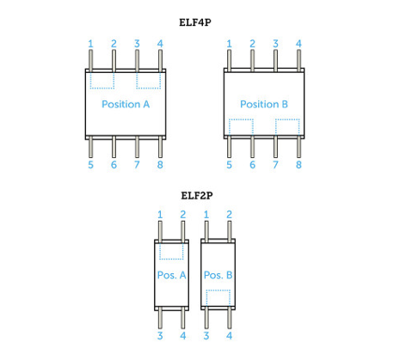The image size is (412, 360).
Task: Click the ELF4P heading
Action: click(195, 22)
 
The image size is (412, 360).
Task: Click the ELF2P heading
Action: click(197, 196)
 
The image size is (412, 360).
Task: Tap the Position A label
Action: click(126, 104)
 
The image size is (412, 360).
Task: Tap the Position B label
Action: click(264, 104)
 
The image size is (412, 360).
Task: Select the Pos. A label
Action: click(171, 275)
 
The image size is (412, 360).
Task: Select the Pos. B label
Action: click(218, 275)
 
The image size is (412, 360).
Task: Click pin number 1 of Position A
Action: click(90, 44)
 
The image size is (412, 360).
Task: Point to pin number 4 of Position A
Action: click(160, 44)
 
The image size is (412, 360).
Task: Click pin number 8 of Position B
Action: click(298, 165)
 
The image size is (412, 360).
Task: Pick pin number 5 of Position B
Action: click(229, 165)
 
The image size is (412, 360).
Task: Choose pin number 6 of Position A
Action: click(114, 165)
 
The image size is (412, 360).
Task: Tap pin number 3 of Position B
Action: click(275, 44)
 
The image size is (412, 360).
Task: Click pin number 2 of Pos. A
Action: click(183, 215)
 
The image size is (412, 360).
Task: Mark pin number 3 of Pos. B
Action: click(206, 336)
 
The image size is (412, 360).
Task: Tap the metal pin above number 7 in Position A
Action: click(137, 147)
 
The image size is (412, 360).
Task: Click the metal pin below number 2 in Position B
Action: click(252, 61)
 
